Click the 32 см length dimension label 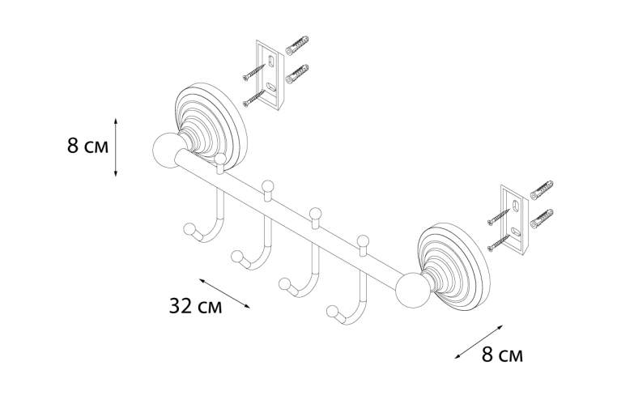[x=196, y=306]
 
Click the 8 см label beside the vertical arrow [x=87, y=146]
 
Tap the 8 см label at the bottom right [x=503, y=355]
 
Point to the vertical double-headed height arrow [x=115, y=147]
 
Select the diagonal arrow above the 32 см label [x=224, y=293]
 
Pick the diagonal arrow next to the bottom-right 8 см [x=479, y=342]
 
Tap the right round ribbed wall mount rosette [x=453, y=266]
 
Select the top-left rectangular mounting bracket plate [x=270, y=74]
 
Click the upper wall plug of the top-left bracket [x=296, y=45]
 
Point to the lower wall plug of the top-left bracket [x=296, y=74]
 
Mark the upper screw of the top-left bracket [x=253, y=72]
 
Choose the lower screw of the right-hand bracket [x=499, y=243]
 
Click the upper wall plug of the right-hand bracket [x=542, y=190]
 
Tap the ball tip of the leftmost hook [x=189, y=229]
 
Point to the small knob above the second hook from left [x=267, y=185]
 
